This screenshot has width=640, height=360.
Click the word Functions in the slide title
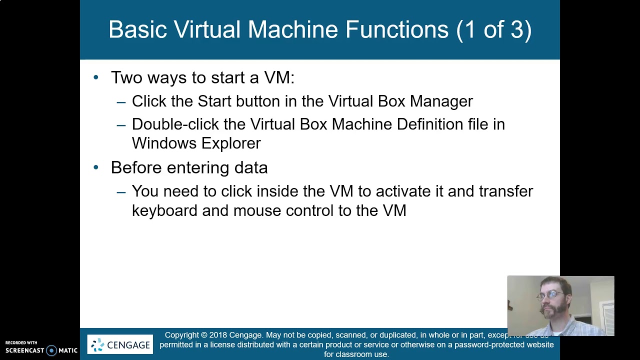396,29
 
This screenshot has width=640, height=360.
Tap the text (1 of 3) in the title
493,29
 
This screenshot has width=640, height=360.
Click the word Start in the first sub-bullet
214,101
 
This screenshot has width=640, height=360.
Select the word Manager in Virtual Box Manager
441,101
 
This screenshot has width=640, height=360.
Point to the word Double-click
175,124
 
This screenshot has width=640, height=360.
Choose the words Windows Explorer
196,143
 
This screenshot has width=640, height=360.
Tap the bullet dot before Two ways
96,77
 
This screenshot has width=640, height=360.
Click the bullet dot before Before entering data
96,167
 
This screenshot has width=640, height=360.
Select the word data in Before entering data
251,167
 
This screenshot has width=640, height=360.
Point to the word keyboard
164,210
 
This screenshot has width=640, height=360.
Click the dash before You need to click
121,191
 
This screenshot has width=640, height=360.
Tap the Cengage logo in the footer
120,344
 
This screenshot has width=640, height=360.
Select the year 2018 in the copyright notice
218,335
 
